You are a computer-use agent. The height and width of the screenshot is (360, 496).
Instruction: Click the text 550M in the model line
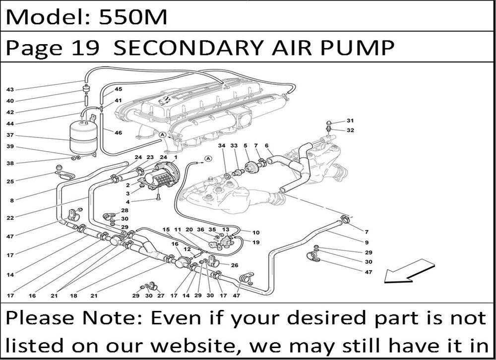click(133, 17)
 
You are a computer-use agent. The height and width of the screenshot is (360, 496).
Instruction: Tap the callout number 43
click(10, 90)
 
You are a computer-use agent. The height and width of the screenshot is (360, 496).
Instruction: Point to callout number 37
click(10, 135)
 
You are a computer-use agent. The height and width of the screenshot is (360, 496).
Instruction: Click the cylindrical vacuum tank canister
click(82, 137)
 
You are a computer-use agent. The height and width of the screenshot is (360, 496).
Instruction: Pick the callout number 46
click(118, 132)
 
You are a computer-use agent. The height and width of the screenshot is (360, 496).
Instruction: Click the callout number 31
click(350, 120)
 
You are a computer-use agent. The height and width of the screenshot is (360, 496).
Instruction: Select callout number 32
click(350, 130)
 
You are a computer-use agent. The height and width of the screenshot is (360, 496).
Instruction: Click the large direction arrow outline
click(409, 271)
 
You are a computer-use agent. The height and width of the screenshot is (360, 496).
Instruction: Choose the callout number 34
click(222, 145)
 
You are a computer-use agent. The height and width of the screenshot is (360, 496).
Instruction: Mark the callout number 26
click(235, 265)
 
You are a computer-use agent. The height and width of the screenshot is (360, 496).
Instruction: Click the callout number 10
click(256, 233)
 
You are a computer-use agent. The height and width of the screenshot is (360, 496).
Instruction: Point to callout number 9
click(367, 242)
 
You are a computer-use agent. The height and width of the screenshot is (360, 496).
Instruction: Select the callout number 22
click(10, 218)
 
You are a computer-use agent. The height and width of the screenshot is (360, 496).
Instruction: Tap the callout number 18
click(73, 296)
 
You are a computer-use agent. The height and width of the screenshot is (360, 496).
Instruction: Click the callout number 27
click(161, 296)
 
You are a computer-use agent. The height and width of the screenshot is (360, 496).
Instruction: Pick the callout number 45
click(118, 89)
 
